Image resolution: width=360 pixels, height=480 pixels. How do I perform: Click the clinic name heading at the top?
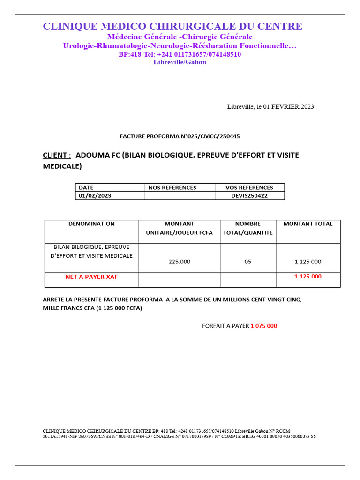172,26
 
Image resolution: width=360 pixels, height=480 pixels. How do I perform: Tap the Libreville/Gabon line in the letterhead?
180,62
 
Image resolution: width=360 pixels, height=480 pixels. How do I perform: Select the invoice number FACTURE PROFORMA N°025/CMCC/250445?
180,136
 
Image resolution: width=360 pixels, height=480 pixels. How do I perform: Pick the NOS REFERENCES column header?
172,187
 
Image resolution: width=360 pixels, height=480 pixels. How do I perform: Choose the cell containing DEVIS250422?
249,195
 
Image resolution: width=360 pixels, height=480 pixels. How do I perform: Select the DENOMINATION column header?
91,224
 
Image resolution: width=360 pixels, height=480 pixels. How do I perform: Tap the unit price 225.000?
180,262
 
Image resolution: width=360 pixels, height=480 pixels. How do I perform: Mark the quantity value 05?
248,262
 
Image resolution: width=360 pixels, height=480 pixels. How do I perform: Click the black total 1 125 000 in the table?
307,262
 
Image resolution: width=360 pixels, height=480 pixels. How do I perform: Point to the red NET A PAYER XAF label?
91,277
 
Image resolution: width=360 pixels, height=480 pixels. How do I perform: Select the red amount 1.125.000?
308,277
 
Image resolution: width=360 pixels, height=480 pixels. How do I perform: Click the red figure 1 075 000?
264,326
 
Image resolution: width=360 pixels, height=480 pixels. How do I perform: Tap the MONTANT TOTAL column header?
308,224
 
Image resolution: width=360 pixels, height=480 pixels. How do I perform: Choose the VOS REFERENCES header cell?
249,187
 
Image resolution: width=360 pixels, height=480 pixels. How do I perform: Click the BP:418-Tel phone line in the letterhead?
180,54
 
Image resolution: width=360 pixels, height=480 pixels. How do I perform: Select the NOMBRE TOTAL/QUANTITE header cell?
248,228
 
